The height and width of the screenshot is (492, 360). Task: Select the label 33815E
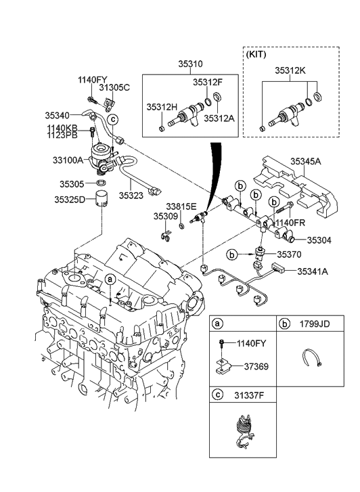182,206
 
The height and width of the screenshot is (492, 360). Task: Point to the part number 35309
164,217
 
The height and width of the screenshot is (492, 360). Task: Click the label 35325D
70,200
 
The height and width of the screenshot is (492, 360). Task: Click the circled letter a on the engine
109,279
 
